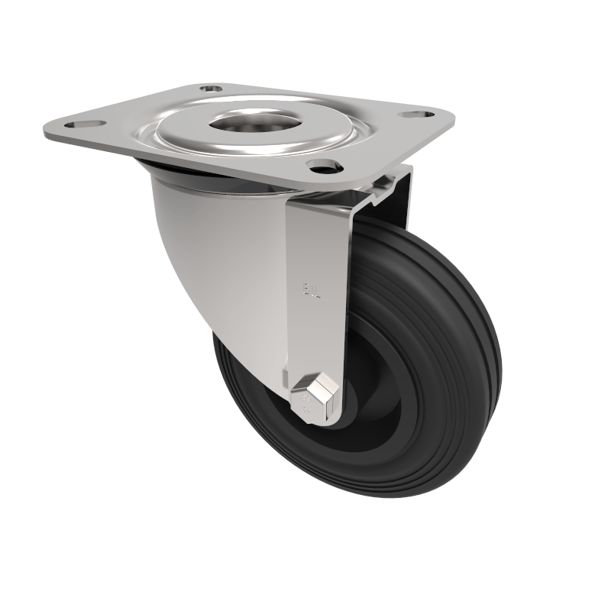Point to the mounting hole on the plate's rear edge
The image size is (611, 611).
[x=209, y=89]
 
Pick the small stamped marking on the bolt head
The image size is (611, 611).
[x=305, y=399]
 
